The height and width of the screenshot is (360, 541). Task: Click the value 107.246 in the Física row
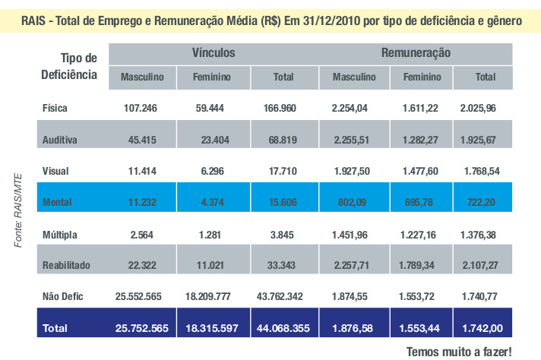click(140, 109)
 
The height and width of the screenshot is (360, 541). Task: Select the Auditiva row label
click(62, 140)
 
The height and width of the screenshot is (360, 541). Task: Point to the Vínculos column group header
click(213, 52)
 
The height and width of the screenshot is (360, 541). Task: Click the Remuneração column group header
click(416, 52)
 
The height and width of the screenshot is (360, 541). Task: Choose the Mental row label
click(58, 202)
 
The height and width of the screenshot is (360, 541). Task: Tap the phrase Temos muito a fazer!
click(460, 352)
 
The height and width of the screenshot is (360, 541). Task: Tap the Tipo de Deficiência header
click(69, 67)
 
